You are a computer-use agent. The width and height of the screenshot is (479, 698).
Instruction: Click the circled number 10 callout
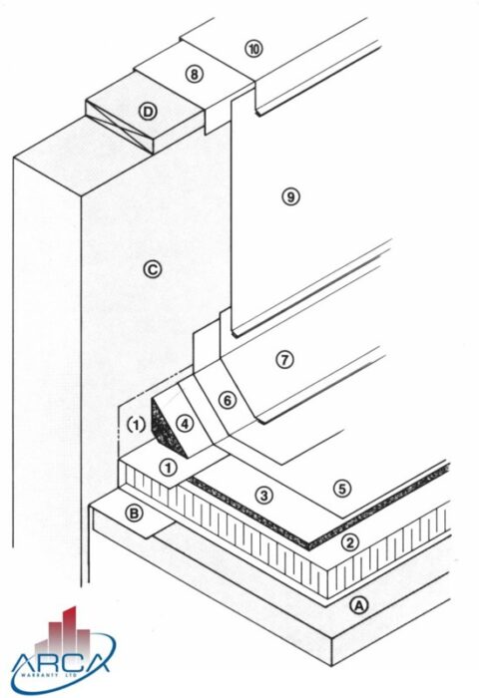(253, 49)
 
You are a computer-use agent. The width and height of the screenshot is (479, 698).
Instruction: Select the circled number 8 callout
(194, 74)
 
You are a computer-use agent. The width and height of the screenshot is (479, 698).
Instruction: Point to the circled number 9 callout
(290, 196)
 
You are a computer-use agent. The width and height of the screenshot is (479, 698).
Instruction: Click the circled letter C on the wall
(152, 267)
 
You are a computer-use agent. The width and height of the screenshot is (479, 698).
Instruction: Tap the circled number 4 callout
(185, 422)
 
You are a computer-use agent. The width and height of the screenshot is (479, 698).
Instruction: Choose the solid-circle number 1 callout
(169, 466)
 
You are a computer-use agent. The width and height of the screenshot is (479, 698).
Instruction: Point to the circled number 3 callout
(263, 495)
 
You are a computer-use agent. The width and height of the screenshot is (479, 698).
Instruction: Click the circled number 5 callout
(342, 488)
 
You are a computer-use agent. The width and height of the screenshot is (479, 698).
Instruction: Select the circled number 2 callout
(350, 543)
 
